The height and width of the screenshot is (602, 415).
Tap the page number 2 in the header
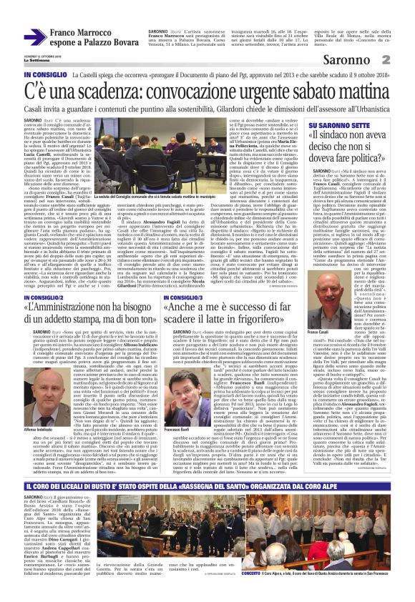[405, 60]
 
